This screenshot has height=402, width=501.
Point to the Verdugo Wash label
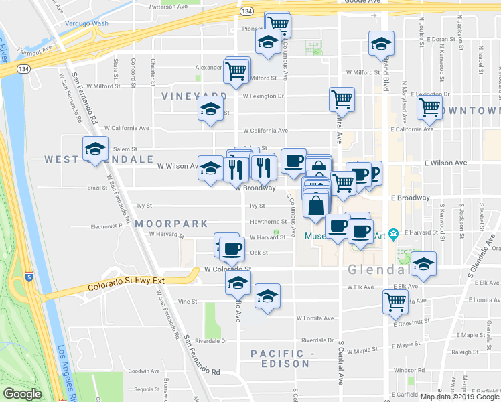86,23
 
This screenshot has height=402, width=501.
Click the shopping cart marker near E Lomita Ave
396,301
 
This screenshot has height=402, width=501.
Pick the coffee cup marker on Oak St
232,249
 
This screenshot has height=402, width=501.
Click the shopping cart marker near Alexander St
236,70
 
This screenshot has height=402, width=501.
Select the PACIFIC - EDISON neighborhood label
280,358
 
